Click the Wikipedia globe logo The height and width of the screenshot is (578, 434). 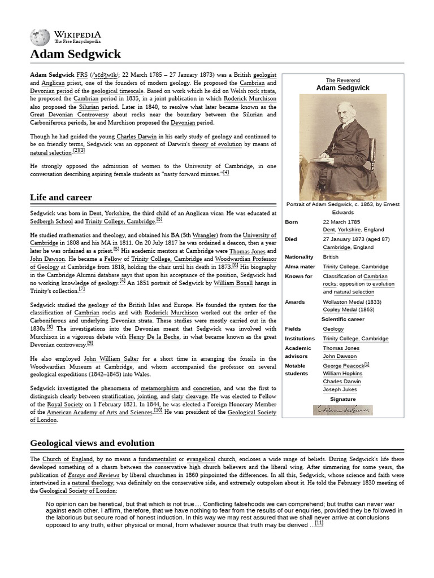click(x=40, y=37)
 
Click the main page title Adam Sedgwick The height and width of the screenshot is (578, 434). click(x=75, y=54)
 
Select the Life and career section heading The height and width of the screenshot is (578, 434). click(x=60, y=198)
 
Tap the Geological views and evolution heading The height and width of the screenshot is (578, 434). click(x=92, y=443)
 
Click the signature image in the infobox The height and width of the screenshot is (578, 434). click(x=342, y=410)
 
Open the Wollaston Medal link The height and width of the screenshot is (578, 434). click(x=343, y=302)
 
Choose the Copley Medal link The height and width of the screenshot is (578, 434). click(x=340, y=310)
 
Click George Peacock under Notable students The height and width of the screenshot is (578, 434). click(x=343, y=366)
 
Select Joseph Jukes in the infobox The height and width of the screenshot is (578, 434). click(x=339, y=389)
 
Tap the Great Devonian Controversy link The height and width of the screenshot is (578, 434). click(x=68, y=115)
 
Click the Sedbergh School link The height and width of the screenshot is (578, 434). click(x=53, y=221)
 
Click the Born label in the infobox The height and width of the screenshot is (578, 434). click(x=292, y=222)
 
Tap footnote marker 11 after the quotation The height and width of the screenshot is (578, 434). click(x=319, y=523)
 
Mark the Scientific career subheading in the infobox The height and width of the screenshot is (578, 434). click(x=342, y=319)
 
